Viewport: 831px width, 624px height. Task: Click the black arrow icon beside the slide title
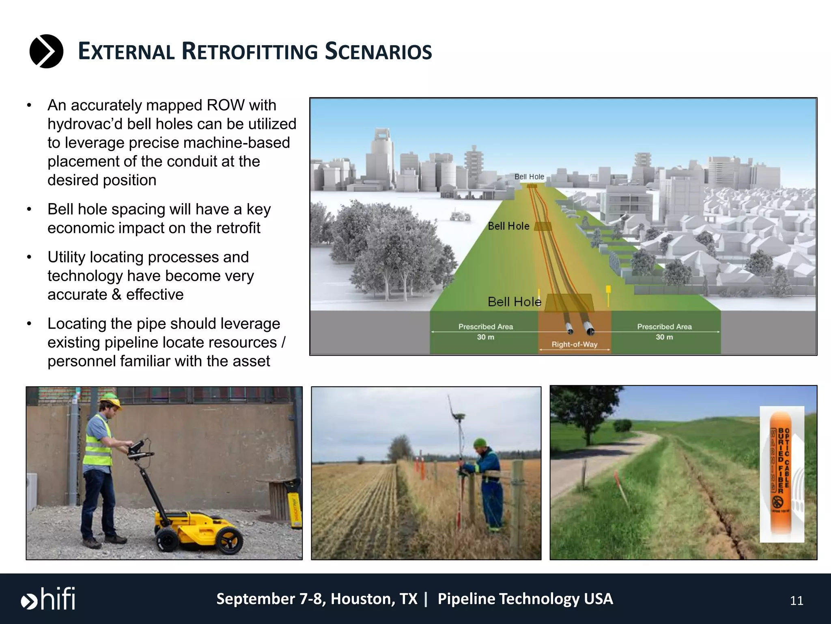46,51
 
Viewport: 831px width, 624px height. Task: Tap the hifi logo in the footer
48,599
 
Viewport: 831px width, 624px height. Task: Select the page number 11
796,601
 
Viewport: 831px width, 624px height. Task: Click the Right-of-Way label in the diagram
574,344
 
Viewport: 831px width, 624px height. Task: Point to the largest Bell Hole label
514,302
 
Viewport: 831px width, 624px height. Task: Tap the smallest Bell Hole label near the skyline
529,177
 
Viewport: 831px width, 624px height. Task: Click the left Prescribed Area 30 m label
485,331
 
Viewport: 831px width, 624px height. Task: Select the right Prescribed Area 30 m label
664,331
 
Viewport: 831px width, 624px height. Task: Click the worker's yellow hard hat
111,400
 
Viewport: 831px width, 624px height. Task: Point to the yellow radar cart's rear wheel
230,540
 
